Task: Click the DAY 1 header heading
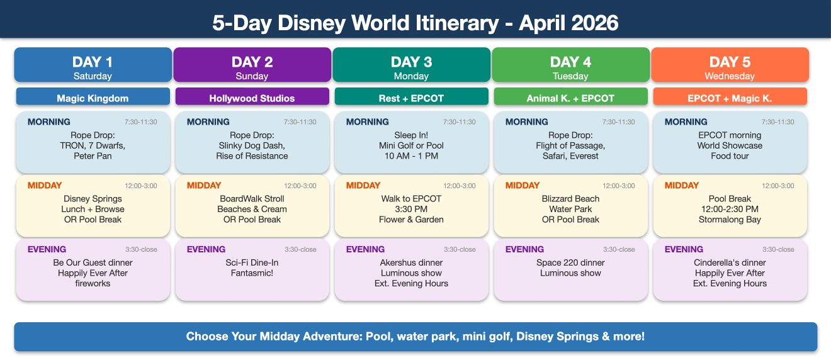(x=93, y=62)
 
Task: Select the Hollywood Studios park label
(x=252, y=98)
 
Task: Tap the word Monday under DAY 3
(x=411, y=76)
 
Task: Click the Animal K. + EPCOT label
(x=570, y=98)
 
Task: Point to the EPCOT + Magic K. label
(x=730, y=98)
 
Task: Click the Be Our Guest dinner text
(x=93, y=262)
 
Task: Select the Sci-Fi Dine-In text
(x=252, y=262)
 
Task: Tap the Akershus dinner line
(x=411, y=262)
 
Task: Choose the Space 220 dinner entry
(x=570, y=262)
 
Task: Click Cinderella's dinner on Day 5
(x=730, y=262)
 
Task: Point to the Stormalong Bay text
(x=730, y=220)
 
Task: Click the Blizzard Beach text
(x=570, y=199)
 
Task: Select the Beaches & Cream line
(x=252, y=209)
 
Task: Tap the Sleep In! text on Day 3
(x=411, y=135)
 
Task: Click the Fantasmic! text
(x=252, y=273)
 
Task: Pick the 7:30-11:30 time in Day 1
(x=141, y=122)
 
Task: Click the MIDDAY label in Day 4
(x=523, y=186)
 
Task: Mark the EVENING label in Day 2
(x=206, y=249)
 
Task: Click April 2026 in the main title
(x=568, y=23)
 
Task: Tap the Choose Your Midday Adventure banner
(x=415, y=336)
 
